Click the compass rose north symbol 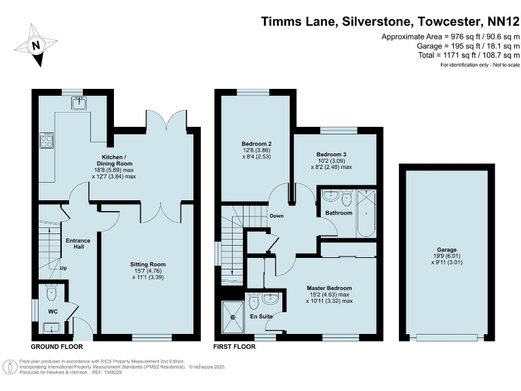[x=36, y=45]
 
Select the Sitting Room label [x=147, y=264]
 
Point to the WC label [x=53, y=312]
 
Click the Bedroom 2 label [x=256, y=144]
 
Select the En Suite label [x=261, y=316]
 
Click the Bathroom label [x=339, y=213]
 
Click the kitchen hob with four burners [x=48, y=140]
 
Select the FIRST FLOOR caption [x=234, y=346]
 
